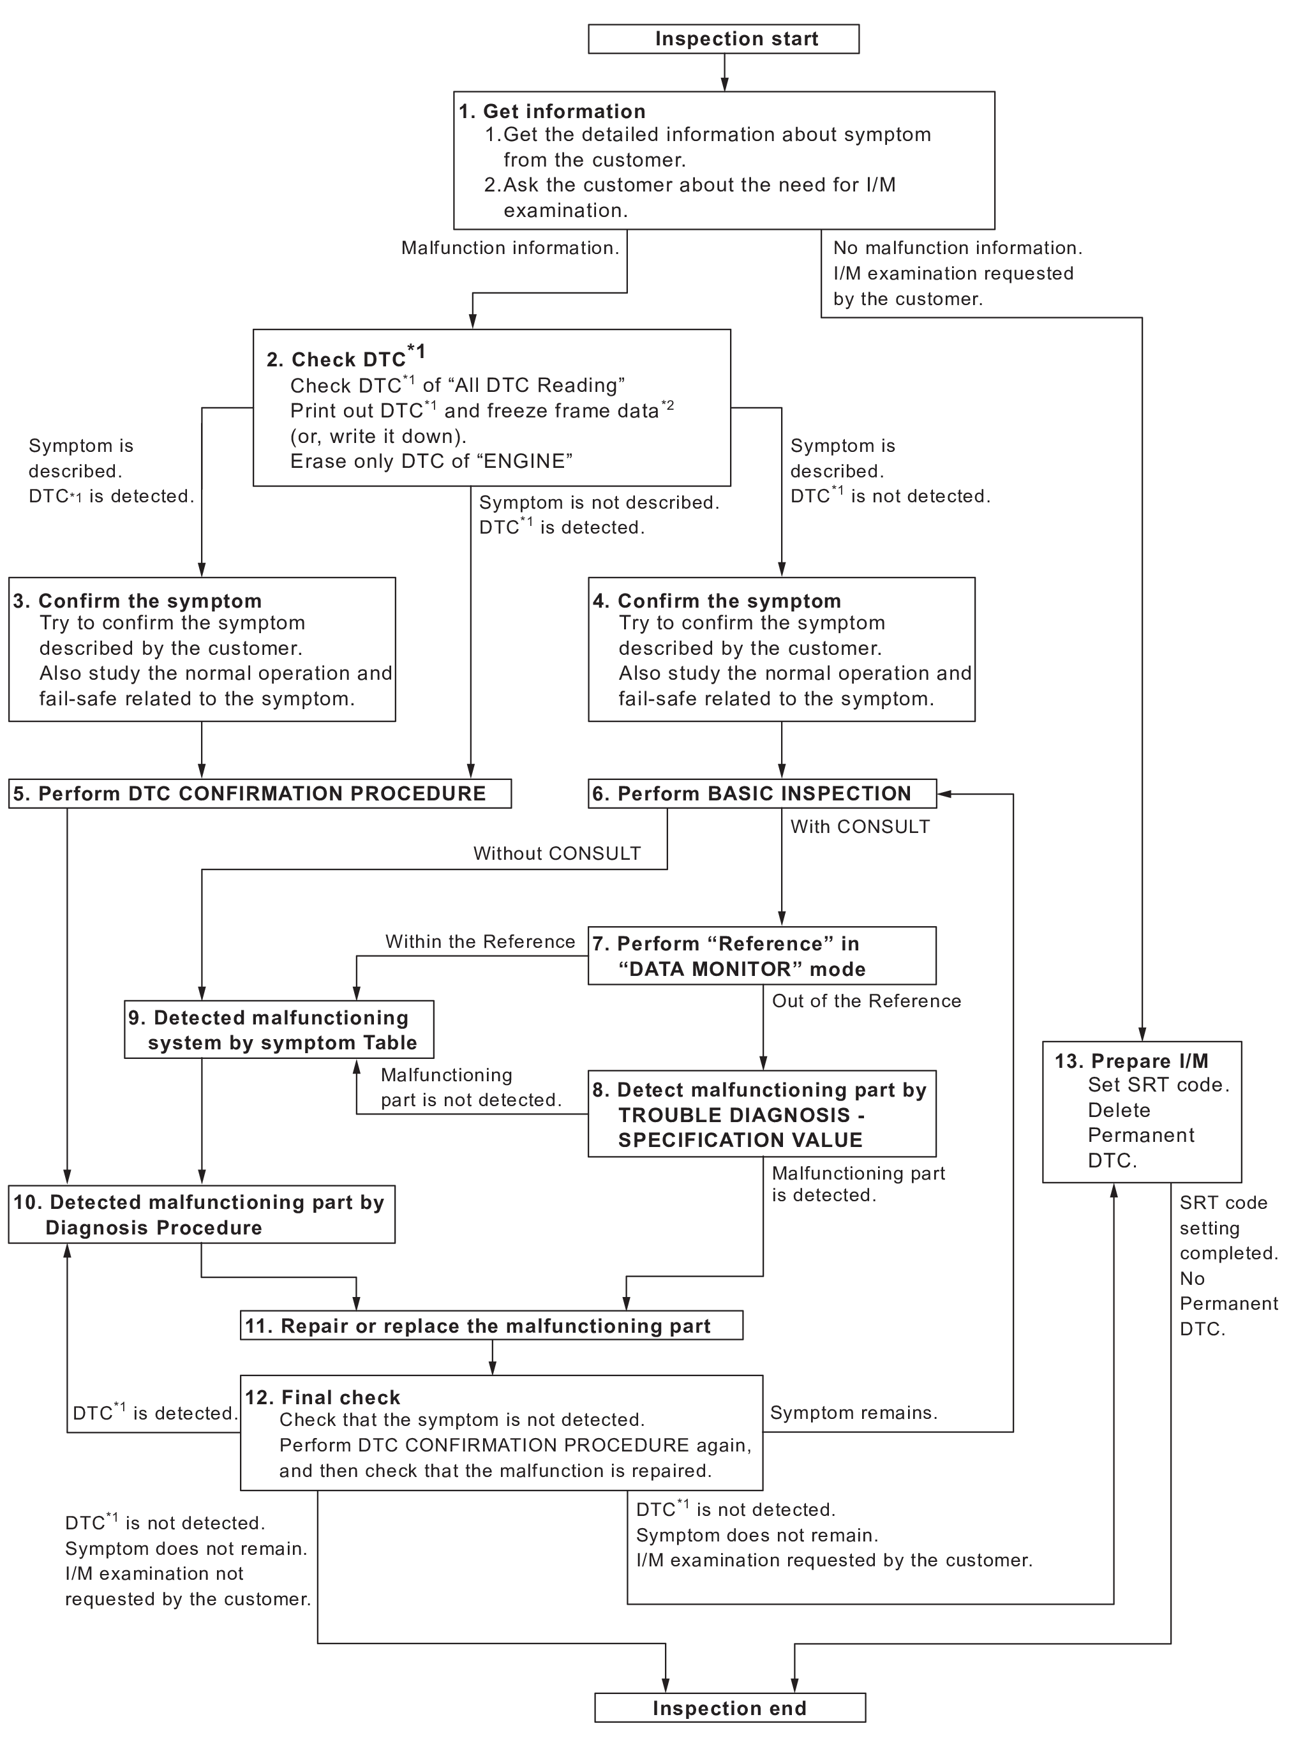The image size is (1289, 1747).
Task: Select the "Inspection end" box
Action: (x=729, y=1707)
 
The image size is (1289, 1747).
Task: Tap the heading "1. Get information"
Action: (x=553, y=112)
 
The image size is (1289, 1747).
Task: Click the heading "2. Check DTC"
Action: (x=347, y=358)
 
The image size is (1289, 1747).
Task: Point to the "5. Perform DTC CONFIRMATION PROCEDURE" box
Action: (x=260, y=793)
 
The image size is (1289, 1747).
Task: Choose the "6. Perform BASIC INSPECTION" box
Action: (x=763, y=793)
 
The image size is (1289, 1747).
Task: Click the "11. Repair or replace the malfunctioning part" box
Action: (x=491, y=1326)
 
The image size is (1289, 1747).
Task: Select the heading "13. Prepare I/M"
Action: (x=1131, y=1061)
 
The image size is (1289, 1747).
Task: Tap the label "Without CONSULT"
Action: (x=557, y=853)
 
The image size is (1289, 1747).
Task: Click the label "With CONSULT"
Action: (x=860, y=827)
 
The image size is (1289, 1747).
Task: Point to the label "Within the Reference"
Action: (x=480, y=941)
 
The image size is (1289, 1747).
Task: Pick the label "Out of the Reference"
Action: (x=866, y=1001)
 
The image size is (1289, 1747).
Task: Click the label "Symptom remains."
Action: (x=854, y=1413)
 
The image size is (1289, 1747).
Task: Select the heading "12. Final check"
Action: (x=322, y=1397)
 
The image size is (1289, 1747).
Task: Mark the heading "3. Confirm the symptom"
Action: (x=137, y=601)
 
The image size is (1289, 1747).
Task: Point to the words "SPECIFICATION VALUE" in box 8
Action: (x=740, y=1140)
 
